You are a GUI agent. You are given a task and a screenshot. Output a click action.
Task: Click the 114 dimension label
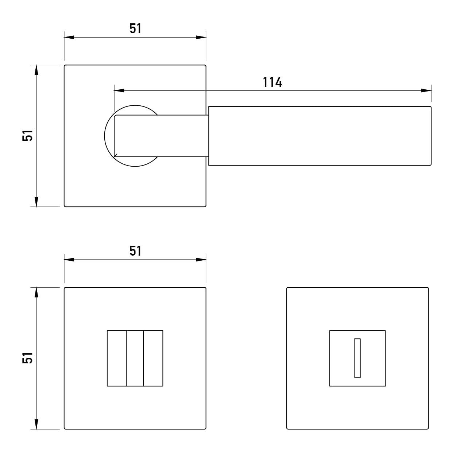click(x=272, y=82)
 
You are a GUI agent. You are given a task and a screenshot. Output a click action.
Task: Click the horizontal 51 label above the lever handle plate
click(x=135, y=28)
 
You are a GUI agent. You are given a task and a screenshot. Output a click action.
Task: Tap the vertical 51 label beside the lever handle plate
click(x=28, y=135)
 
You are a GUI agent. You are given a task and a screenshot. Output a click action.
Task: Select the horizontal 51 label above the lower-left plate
click(x=135, y=251)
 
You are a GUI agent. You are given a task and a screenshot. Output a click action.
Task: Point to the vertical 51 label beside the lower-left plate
click(x=28, y=358)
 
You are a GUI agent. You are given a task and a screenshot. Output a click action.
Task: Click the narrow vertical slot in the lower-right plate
click(x=357, y=358)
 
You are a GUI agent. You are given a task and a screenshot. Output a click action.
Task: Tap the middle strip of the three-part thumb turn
click(x=135, y=358)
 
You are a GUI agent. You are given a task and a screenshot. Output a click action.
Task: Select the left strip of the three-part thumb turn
click(x=117, y=358)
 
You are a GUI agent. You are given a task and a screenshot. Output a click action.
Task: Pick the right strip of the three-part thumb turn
click(x=153, y=358)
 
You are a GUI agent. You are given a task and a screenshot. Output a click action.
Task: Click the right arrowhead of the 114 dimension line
click(x=426, y=91)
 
